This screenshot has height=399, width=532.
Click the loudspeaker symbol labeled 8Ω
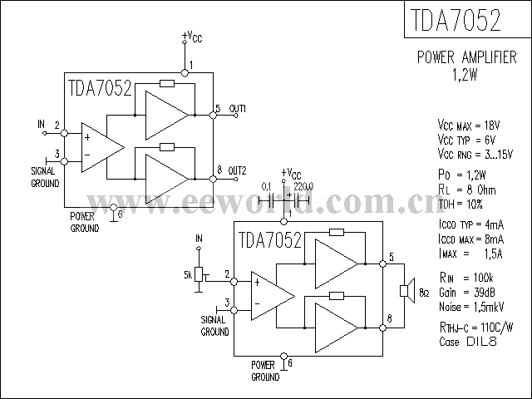[x=407, y=290]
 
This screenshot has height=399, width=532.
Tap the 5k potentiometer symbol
[x=199, y=274]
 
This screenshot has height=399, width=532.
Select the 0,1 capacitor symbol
[x=272, y=201]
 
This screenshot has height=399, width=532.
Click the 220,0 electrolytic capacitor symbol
[x=297, y=201]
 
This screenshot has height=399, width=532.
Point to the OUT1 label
[x=238, y=109]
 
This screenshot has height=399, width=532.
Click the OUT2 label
[x=237, y=170]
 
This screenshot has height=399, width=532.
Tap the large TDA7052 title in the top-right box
[x=456, y=20]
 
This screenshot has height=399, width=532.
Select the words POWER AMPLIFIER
[x=467, y=57]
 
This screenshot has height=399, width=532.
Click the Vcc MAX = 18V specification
[x=469, y=126]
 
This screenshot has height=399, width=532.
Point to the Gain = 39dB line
[x=467, y=292]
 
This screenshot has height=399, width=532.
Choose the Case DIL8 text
[x=468, y=341]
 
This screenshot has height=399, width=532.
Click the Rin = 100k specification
[x=466, y=278]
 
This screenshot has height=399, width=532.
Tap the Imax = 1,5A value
[x=470, y=254]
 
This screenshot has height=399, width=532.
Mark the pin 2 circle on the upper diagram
[x=64, y=133]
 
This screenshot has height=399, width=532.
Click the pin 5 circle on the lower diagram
[x=382, y=264]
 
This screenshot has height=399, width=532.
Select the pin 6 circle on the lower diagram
[x=284, y=357]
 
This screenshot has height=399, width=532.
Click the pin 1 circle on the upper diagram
[x=185, y=72]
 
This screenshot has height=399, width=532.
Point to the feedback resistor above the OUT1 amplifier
[x=167, y=83]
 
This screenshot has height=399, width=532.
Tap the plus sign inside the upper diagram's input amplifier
[x=87, y=137]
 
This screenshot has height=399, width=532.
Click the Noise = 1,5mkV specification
[x=471, y=307]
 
